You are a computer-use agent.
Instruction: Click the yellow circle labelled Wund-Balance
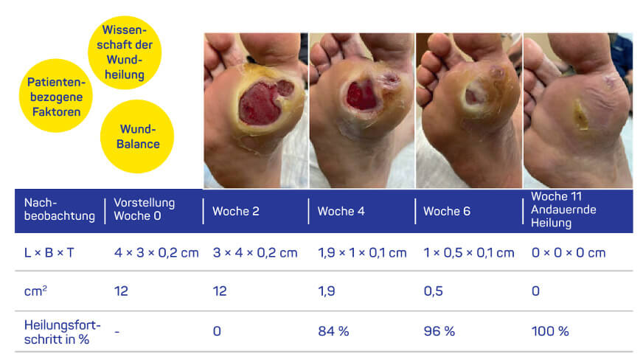coord(137,137)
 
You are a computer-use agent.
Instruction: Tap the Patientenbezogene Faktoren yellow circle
coord(55,95)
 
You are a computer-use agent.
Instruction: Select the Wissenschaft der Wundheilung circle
coord(125,52)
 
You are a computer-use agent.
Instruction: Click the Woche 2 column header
coord(236,212)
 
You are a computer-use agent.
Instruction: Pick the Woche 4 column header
coord(341,212)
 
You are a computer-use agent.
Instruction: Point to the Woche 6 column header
coord(447,212)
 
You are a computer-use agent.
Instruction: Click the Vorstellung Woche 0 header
coord(145,210)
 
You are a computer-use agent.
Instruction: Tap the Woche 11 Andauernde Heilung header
coord(564,210)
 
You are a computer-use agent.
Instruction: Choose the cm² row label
coord(37,291)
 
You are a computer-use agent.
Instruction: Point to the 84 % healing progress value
coord(333,331)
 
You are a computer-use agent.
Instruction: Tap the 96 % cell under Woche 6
coord(439,331)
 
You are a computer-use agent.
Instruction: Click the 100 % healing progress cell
coord(550,331)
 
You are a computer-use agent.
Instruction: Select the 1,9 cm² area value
coord(327,291)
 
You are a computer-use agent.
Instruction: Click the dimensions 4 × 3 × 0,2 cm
coord(156,252)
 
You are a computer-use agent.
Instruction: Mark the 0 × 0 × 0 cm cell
coord(569,252)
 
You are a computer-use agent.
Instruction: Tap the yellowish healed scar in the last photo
coord(582,115)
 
